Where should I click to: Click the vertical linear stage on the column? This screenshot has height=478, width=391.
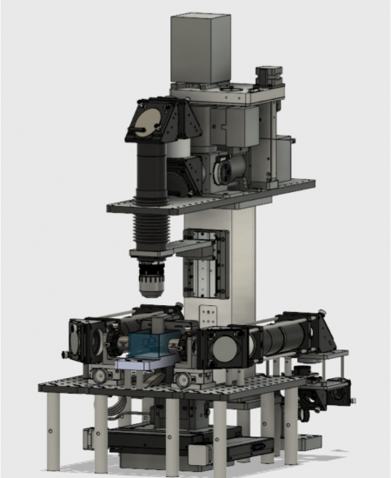[209, 261]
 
